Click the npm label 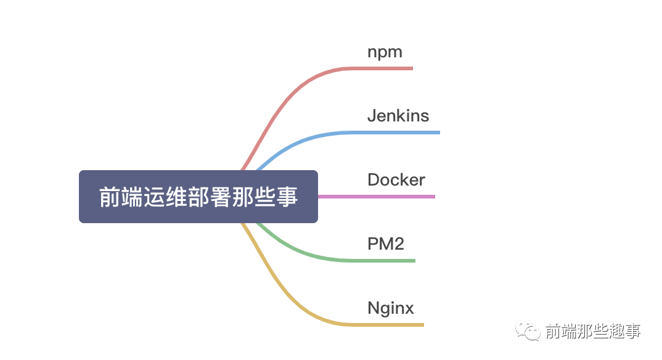[x=385, y=52]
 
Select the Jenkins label [x=398, y=116]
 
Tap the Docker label [x=396, y=180]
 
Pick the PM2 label [x=385, y=244]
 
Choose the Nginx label [x=390, y=308]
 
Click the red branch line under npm [x=382, y=68]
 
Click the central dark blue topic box [x=198, y=197]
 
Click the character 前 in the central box [x=109, y=197]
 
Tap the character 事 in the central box [x=288, y=197]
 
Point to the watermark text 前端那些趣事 [x=593, y=332]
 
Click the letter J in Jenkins [x=372, y=116]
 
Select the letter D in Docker [x=374, y=180]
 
